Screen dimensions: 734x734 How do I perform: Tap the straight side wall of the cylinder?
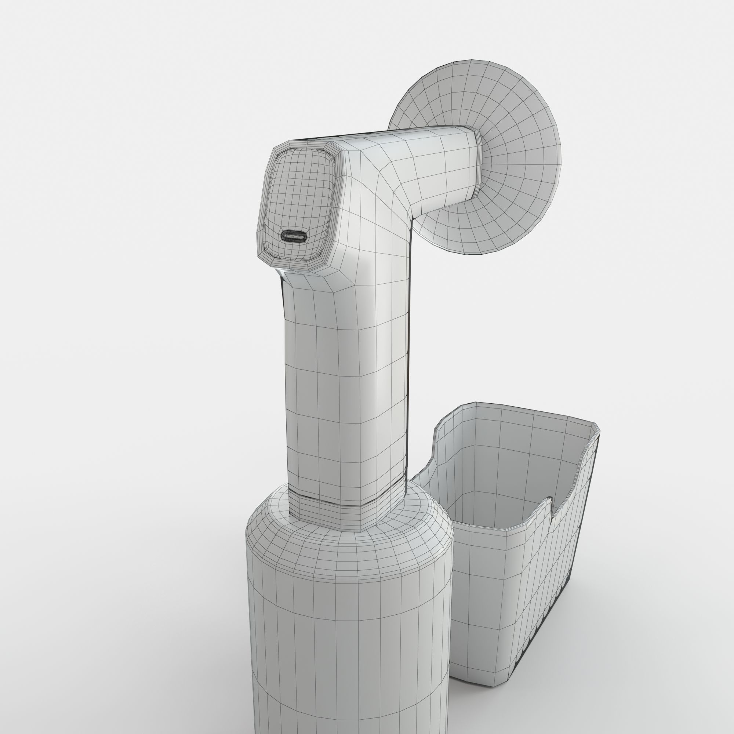click(342, 646)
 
